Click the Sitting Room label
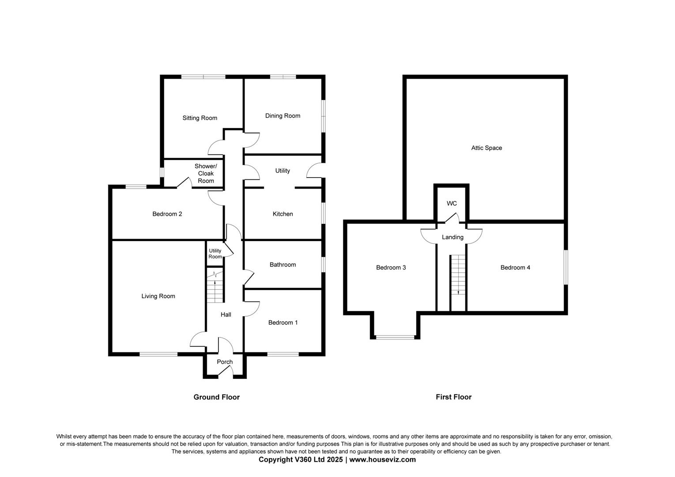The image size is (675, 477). point(200,118)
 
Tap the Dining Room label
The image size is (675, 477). point(283,116)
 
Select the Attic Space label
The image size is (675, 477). point(486,148)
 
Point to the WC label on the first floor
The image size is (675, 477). point(452,204)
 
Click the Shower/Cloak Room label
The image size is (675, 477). point(206,174)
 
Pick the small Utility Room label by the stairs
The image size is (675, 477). point(215,254)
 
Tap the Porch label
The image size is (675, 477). point(225,362)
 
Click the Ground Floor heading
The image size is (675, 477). point(217,397)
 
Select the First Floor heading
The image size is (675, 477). point(453,397)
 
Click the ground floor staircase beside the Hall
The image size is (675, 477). point(215,287)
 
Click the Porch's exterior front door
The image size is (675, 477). point(226,371)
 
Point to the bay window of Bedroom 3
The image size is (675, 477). point(395,337)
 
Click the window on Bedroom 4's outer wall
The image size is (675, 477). point(566,267)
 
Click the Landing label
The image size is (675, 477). point(453,237)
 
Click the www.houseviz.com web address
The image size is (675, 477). point(382,459)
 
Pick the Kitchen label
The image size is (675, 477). point(283,214)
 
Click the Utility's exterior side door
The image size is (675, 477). point(315,170)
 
